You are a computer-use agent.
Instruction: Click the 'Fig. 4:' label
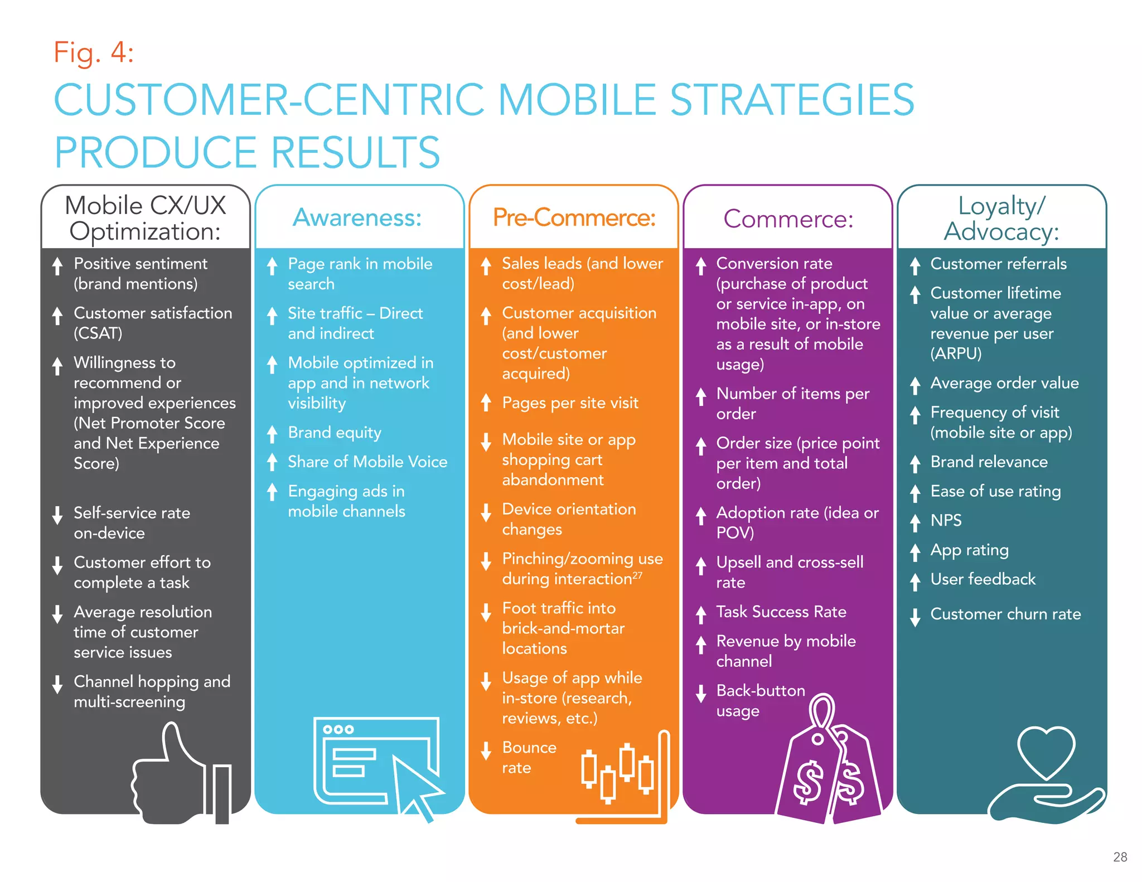(x=94, y=53)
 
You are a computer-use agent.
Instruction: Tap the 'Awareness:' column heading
(x=357, y=217)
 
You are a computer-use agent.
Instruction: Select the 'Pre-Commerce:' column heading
(x=574, y=217)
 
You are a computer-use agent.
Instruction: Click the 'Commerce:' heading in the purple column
(x=788, y=219)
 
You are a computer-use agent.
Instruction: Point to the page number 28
(x=1120, y=857)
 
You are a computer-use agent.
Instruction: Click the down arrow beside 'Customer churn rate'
(x=915, y=617)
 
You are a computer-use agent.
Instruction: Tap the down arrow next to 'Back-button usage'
(x=701, y=694)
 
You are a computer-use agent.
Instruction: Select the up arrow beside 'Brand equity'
(x=272, y=434)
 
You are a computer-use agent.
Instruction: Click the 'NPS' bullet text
(x=946, y=520)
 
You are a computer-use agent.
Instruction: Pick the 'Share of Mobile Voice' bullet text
(x=367, y=462)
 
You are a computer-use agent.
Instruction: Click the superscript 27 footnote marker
(x=637, y=574)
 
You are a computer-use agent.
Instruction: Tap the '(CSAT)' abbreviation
(x=98, y=333)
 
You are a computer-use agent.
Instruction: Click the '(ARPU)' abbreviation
(x=956, y=353)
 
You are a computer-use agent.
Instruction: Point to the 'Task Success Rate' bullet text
(x=781, y=612)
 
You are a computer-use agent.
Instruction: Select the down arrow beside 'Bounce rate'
(x=486, y=750)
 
